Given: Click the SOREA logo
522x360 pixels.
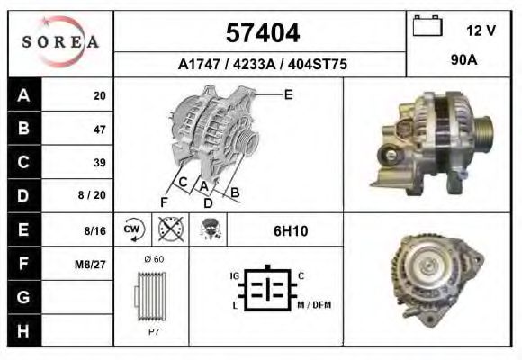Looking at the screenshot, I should (x=60, y=42).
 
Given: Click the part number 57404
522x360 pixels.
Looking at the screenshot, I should (x=261, y=33).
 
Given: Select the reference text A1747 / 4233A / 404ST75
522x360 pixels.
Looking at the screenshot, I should (x=262, y=65).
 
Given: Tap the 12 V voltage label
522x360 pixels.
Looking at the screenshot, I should (x=481, y=30).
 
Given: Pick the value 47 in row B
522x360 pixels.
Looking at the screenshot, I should (x=98, y=130).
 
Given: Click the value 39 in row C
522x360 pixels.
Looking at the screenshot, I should (x=98, y=163).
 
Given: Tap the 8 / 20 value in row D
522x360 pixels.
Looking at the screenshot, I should (x=94, y=196).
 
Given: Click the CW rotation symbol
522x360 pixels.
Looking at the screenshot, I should (x=133, y=230).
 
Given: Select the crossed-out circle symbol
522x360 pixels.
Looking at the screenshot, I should (x=167, y=229).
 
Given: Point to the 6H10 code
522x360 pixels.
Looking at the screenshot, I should (x=290, y=231).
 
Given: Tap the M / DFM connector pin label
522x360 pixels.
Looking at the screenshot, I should (x=314, y=305).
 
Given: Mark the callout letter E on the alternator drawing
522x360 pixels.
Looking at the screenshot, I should (x=289, y=94).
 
